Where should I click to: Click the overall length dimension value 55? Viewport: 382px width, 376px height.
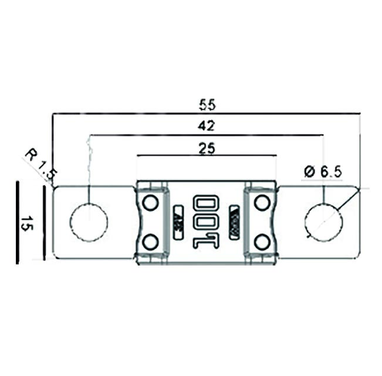[x=207, y=105]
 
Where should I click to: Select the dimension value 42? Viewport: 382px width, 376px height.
[x=207, y=126]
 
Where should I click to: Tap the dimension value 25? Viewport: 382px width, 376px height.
[x=207, y=148]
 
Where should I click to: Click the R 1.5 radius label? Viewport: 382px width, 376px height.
[x=40, y=164]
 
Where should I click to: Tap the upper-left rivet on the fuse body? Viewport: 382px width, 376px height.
[x=150, y=203]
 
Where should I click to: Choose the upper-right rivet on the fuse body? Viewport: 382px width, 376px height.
[x=262, y=203]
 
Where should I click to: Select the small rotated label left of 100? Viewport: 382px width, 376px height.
[x=178, y=221]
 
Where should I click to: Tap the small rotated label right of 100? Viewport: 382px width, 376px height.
[x=234, y=221]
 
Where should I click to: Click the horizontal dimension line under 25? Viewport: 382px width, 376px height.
[x=207, y=156]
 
